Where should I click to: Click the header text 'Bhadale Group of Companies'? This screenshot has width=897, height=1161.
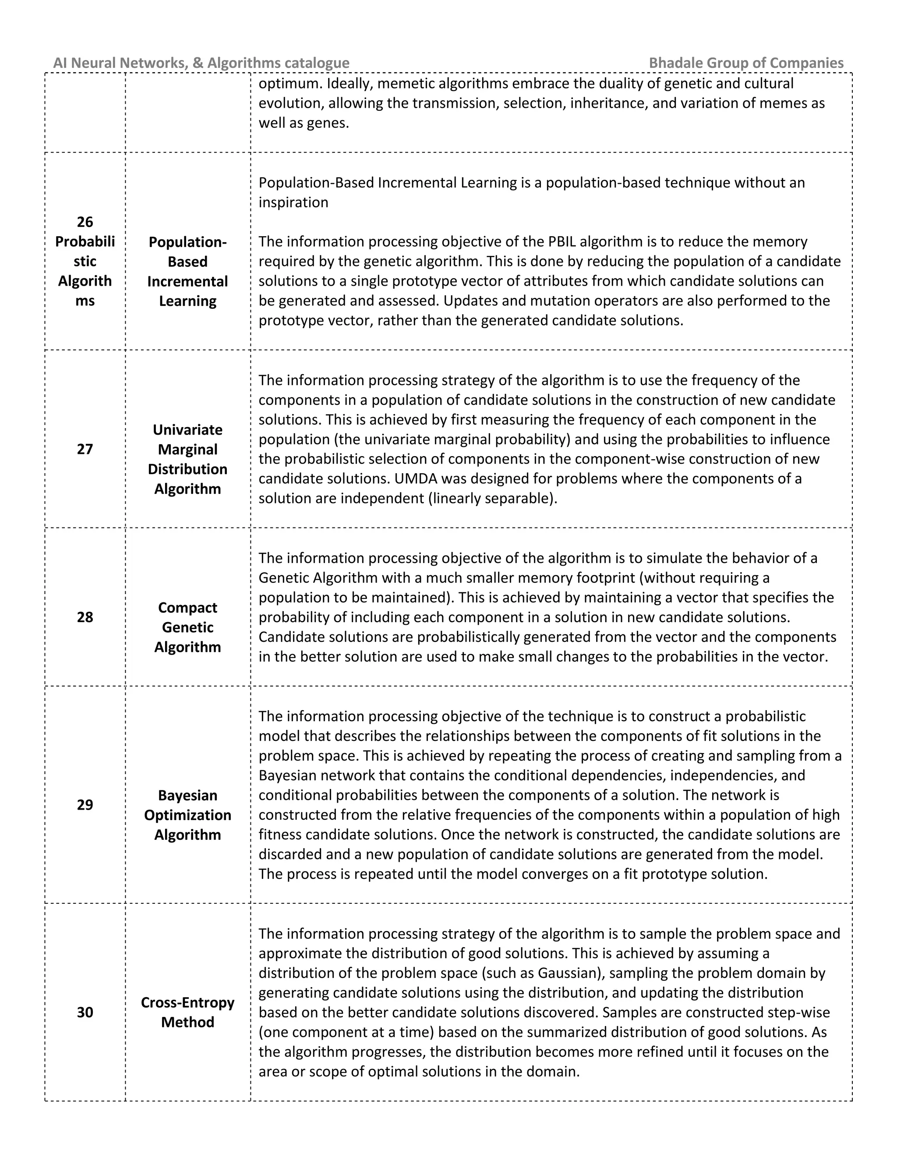745,63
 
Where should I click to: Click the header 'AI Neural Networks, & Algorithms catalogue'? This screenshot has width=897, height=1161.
201,63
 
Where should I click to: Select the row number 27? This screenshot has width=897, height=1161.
85,449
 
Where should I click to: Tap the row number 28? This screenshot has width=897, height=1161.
85,617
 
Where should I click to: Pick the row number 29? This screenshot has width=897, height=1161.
85,805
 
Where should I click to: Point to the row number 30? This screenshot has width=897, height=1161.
85,1012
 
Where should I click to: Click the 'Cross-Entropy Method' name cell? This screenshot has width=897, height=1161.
187,1012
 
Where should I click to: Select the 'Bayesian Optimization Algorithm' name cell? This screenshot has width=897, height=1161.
187,815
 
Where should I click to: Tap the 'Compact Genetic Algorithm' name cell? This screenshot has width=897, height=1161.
187,627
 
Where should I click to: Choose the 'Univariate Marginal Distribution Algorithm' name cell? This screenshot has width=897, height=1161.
187,459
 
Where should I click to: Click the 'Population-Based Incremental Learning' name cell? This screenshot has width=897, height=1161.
187,272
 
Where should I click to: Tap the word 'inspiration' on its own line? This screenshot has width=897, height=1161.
293,202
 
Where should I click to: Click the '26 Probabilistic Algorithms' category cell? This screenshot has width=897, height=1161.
85,262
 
